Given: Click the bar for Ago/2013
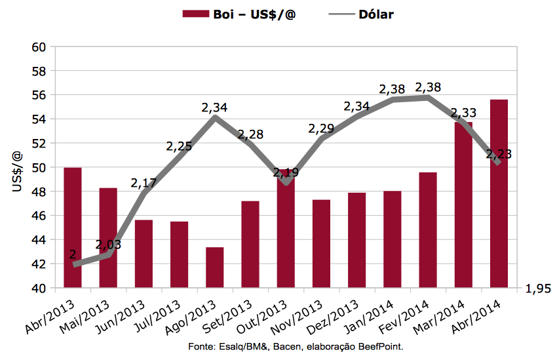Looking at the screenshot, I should coord(215,268).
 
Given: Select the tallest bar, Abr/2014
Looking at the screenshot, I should coord(499,193).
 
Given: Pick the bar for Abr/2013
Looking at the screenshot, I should coord(73,228).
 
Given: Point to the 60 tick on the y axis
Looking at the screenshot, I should coord(39,47).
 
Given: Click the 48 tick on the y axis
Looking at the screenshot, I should coord(39,191).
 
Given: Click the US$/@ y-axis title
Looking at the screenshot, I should coord(16,172).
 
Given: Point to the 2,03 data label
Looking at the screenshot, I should coord(108,245).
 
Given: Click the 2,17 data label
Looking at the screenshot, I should coord(144,183).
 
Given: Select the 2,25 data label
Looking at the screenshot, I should coord(179,146).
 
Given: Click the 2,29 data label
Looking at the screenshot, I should coord(322,129).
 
